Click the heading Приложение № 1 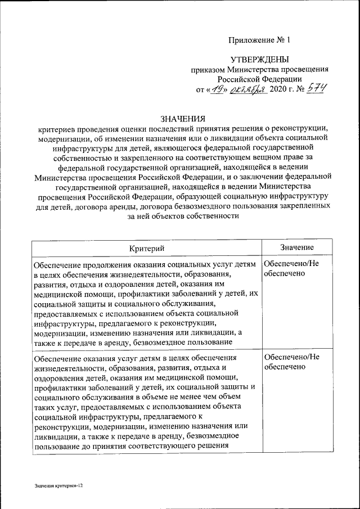(x=260, y=40)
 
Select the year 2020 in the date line (x=278, y=90)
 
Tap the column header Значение (x=296, y=247)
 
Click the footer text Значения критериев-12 (x=58, y=485)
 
